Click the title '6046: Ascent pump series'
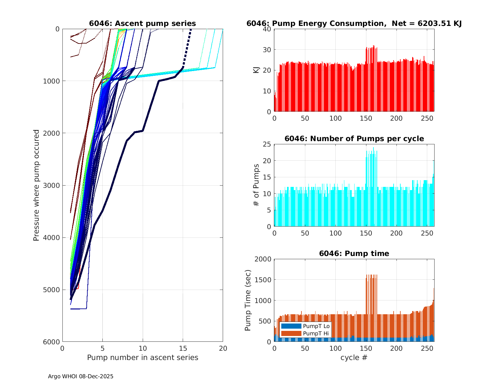[x=142, y=23]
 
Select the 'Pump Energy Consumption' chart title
[x=354, y=23]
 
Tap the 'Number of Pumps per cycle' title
[x=354, y=139]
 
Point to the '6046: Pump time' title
[x=354, y=253]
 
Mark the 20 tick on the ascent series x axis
[x=223, y=348]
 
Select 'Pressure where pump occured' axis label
[x=36, y=185]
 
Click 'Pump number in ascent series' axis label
[x=142, y=357]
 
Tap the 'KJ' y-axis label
[x=256, y=70]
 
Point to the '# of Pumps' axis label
[x=256, y=185]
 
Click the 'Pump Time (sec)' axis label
[x=248, y=300]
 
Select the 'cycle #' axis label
[x=354, y=357]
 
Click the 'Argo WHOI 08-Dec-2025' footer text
[x=81, y=376]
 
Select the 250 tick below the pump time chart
[x=427, y=348]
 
